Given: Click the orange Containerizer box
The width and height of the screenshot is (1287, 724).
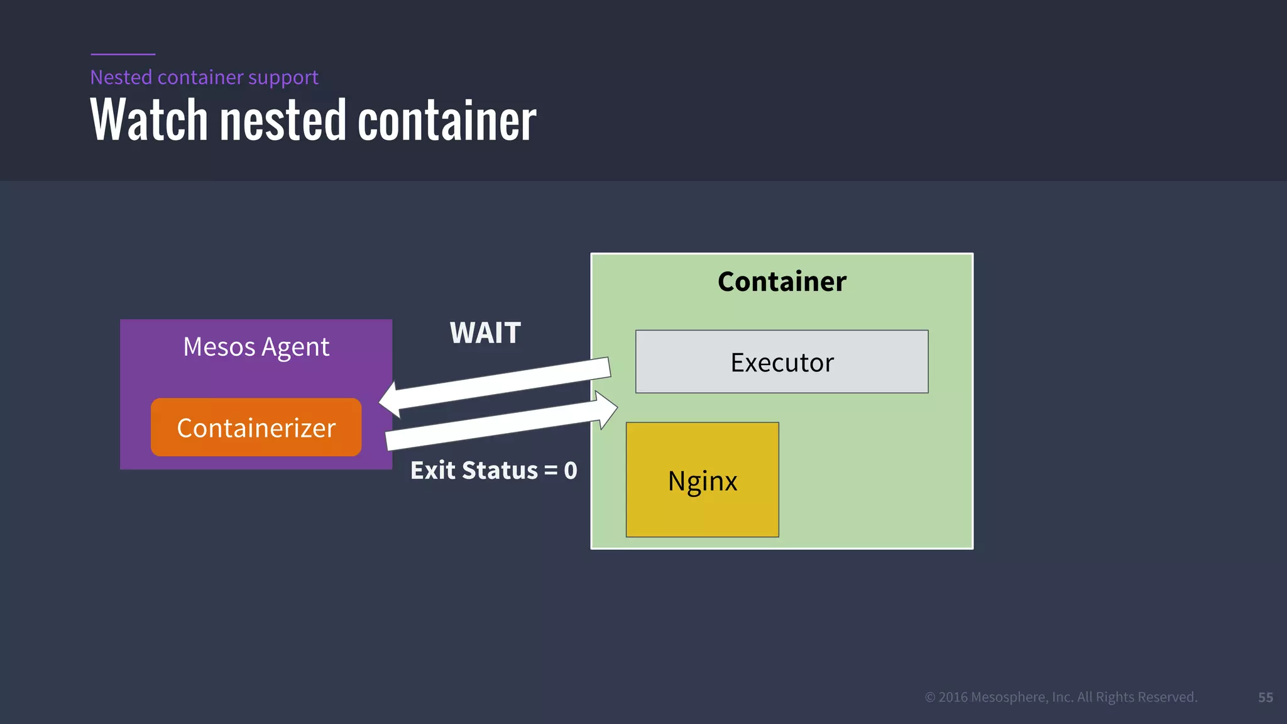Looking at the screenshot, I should [x=256, y=427].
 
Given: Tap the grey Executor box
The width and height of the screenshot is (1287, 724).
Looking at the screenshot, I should [x=781, y=362].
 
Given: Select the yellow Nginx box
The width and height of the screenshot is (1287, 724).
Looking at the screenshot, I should [x=702, y=480].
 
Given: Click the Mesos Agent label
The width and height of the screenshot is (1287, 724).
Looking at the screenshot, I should [x=256, y=347].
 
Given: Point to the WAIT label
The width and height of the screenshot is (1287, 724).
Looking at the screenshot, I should [x=485, y=332].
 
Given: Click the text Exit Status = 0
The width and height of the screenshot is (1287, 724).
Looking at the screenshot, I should [x=493, y=470].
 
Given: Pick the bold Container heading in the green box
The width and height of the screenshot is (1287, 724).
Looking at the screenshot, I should [x=782, y=281].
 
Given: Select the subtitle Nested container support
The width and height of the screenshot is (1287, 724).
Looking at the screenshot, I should [x=204, y=77].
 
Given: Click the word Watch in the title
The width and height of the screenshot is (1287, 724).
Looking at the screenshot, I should [x=149, y=120].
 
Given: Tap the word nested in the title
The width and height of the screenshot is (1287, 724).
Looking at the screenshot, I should [x=283, y=120].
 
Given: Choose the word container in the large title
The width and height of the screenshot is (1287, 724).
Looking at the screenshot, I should [x=447, y=120].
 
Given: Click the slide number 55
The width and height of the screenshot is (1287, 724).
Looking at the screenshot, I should [x=1265, y=697].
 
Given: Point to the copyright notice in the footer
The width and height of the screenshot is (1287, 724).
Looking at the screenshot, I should [x=1061, y=697].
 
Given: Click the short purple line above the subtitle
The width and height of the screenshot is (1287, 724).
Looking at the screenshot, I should [x=123, y=54].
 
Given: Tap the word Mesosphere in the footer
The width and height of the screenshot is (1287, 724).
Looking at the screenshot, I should [x=1009, y=697].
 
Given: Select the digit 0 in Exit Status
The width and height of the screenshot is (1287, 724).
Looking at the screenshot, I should [x=571, y=470].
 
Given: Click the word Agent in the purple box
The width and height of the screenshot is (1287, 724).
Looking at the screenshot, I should [x=295, y=347].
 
